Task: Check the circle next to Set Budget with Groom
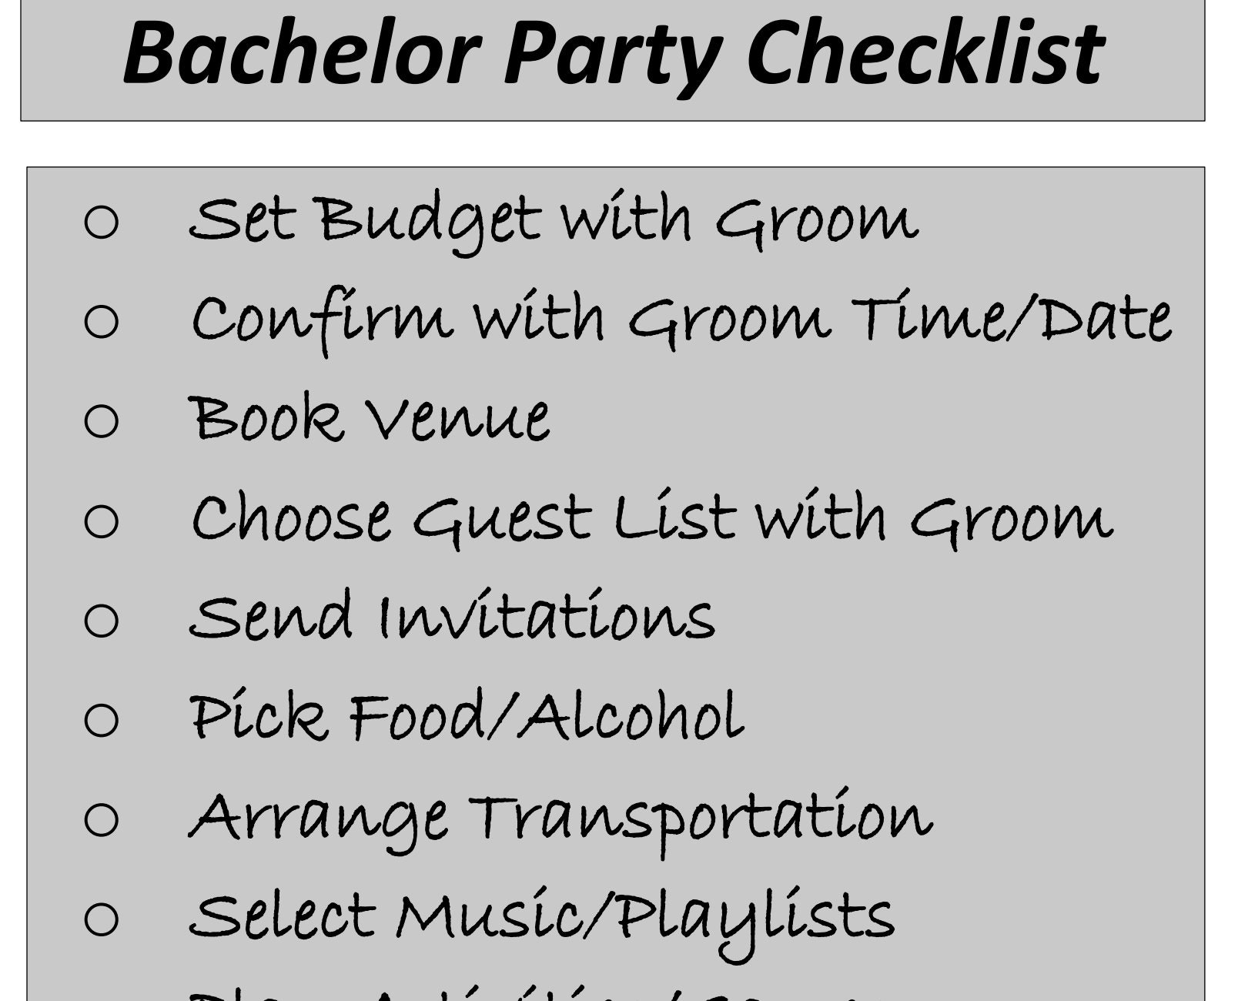[102, 222]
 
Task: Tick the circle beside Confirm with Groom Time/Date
[102, 321]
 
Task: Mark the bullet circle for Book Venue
[102, 421]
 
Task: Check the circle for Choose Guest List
[102, 521]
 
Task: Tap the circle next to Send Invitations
[102, 621]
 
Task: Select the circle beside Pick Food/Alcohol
[102, 720]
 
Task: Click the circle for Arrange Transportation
[102, 819]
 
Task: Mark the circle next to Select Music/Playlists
[102, 919]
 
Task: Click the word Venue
[457, 420]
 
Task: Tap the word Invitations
[547, 618]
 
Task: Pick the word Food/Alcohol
[547, 718]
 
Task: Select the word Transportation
[701, 818]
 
